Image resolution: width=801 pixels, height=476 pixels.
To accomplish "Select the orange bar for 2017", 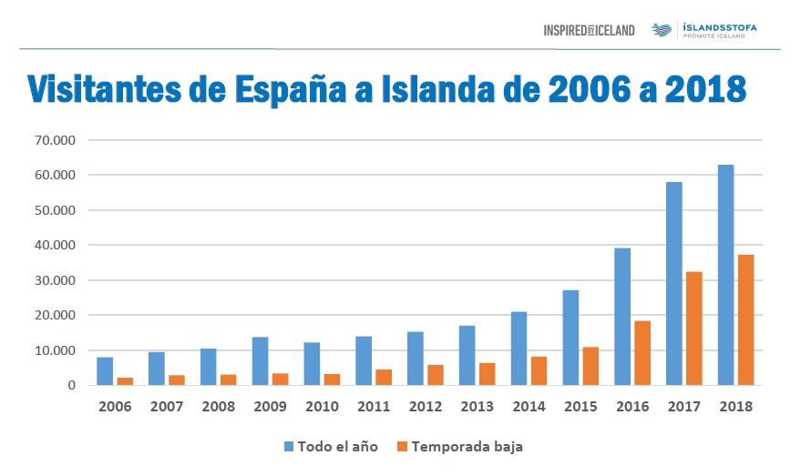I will [x=694, y=329].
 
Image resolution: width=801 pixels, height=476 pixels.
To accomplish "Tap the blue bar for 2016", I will [x=622, y=317].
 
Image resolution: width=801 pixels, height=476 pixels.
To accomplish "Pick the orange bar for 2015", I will [x=590, y=366].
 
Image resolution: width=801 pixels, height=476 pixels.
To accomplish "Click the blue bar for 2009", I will [x=261, y=361].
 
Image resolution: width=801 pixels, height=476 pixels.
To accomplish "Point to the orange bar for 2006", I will [x=125, y=381].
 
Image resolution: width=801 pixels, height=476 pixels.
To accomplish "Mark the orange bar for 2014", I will [x=539, y=370].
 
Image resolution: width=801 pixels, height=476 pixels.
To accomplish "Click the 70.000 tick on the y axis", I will [x=56, y=140].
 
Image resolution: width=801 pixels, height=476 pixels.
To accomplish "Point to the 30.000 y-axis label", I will [x=56, y=280].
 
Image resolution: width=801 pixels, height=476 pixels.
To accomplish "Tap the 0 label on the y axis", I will [x=70, y=386].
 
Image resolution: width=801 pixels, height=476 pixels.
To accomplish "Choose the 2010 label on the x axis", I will [x=322, y=407].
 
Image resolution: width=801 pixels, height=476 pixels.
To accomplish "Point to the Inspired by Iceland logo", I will [x=589, y=30].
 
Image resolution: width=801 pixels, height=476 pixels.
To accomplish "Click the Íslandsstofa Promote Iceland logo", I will [x=704, y=30].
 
